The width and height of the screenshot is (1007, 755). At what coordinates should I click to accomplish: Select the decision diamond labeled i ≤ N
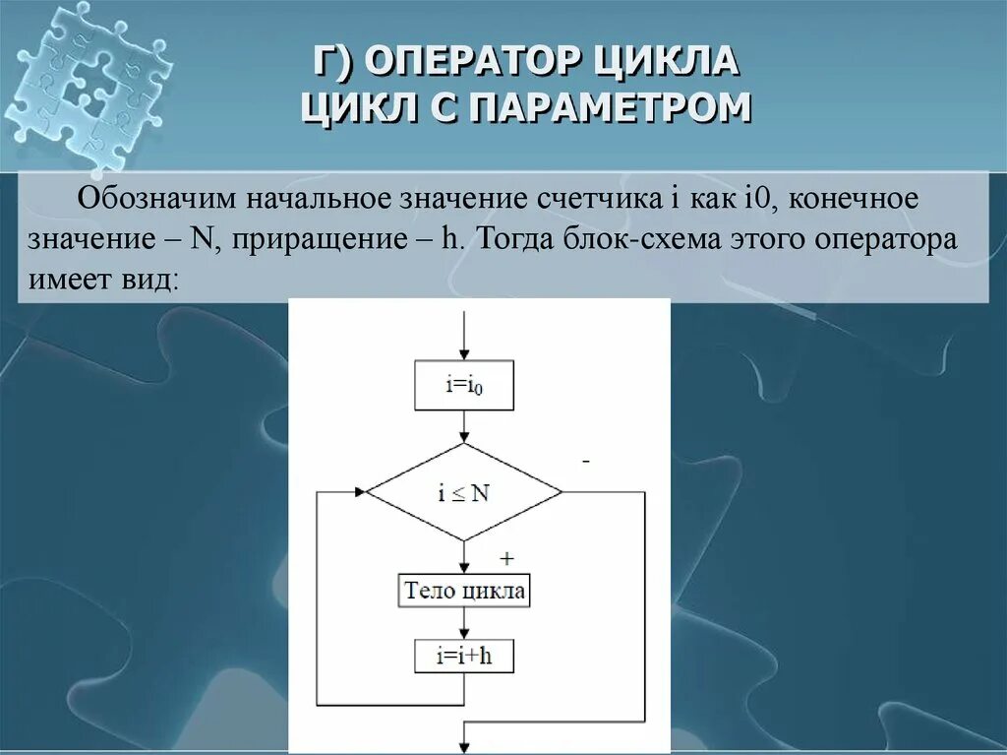coord(464,492)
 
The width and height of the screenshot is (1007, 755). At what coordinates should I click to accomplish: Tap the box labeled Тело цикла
coord(464,593)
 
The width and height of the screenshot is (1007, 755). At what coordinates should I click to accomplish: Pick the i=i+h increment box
coord(464,657)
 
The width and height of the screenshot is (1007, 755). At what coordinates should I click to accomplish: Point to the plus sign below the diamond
coord(506,558)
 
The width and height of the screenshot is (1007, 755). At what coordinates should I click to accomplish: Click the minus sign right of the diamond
coord(586,461)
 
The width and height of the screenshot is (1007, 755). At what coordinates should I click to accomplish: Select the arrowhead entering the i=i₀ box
coord(464,356)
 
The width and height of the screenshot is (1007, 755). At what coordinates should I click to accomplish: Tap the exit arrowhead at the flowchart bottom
coord(464,746)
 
